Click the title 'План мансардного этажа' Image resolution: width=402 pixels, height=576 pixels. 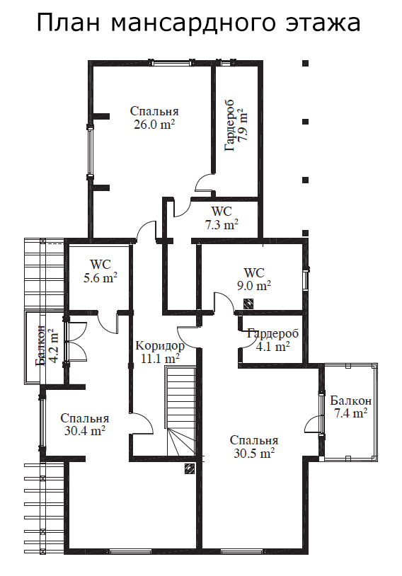198,23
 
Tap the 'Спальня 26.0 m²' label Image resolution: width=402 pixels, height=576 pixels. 154,117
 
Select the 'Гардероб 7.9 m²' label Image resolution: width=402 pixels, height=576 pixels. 236,125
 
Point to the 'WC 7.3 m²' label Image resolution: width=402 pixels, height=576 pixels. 222,218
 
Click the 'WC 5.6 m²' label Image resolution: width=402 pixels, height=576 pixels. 100,271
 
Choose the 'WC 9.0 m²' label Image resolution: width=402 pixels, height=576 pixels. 254,280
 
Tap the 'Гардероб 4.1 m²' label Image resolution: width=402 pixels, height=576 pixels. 272,340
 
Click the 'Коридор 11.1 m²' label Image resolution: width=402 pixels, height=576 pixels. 160,352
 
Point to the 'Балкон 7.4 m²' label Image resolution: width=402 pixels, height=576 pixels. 350,407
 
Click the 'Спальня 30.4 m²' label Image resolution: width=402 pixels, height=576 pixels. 85,425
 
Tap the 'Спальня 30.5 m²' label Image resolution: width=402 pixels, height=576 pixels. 254,447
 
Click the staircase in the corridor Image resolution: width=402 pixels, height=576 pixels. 181,411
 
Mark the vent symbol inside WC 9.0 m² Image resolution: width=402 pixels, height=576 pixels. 248,304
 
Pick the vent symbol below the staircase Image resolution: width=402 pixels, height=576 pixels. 190,469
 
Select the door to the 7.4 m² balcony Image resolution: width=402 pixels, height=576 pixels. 313,425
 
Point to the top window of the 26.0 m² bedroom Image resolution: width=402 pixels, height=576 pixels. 171,63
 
